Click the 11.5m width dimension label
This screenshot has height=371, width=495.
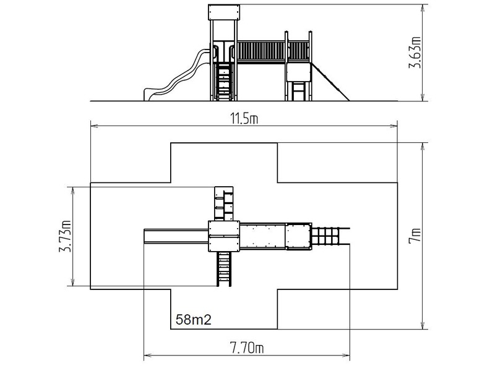click(244, 119)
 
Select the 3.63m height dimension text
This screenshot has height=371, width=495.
click(415, 53)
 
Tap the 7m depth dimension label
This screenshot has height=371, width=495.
click(415, 236)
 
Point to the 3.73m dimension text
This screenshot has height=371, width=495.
click(66, 236)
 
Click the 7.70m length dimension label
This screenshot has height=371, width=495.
click(247, 348)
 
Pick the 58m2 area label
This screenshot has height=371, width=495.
click(193, 320)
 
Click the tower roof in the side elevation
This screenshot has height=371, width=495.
click(224, 12)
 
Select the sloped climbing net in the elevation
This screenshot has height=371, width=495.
click(330, 82)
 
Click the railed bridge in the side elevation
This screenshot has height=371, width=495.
click(273, 51)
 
